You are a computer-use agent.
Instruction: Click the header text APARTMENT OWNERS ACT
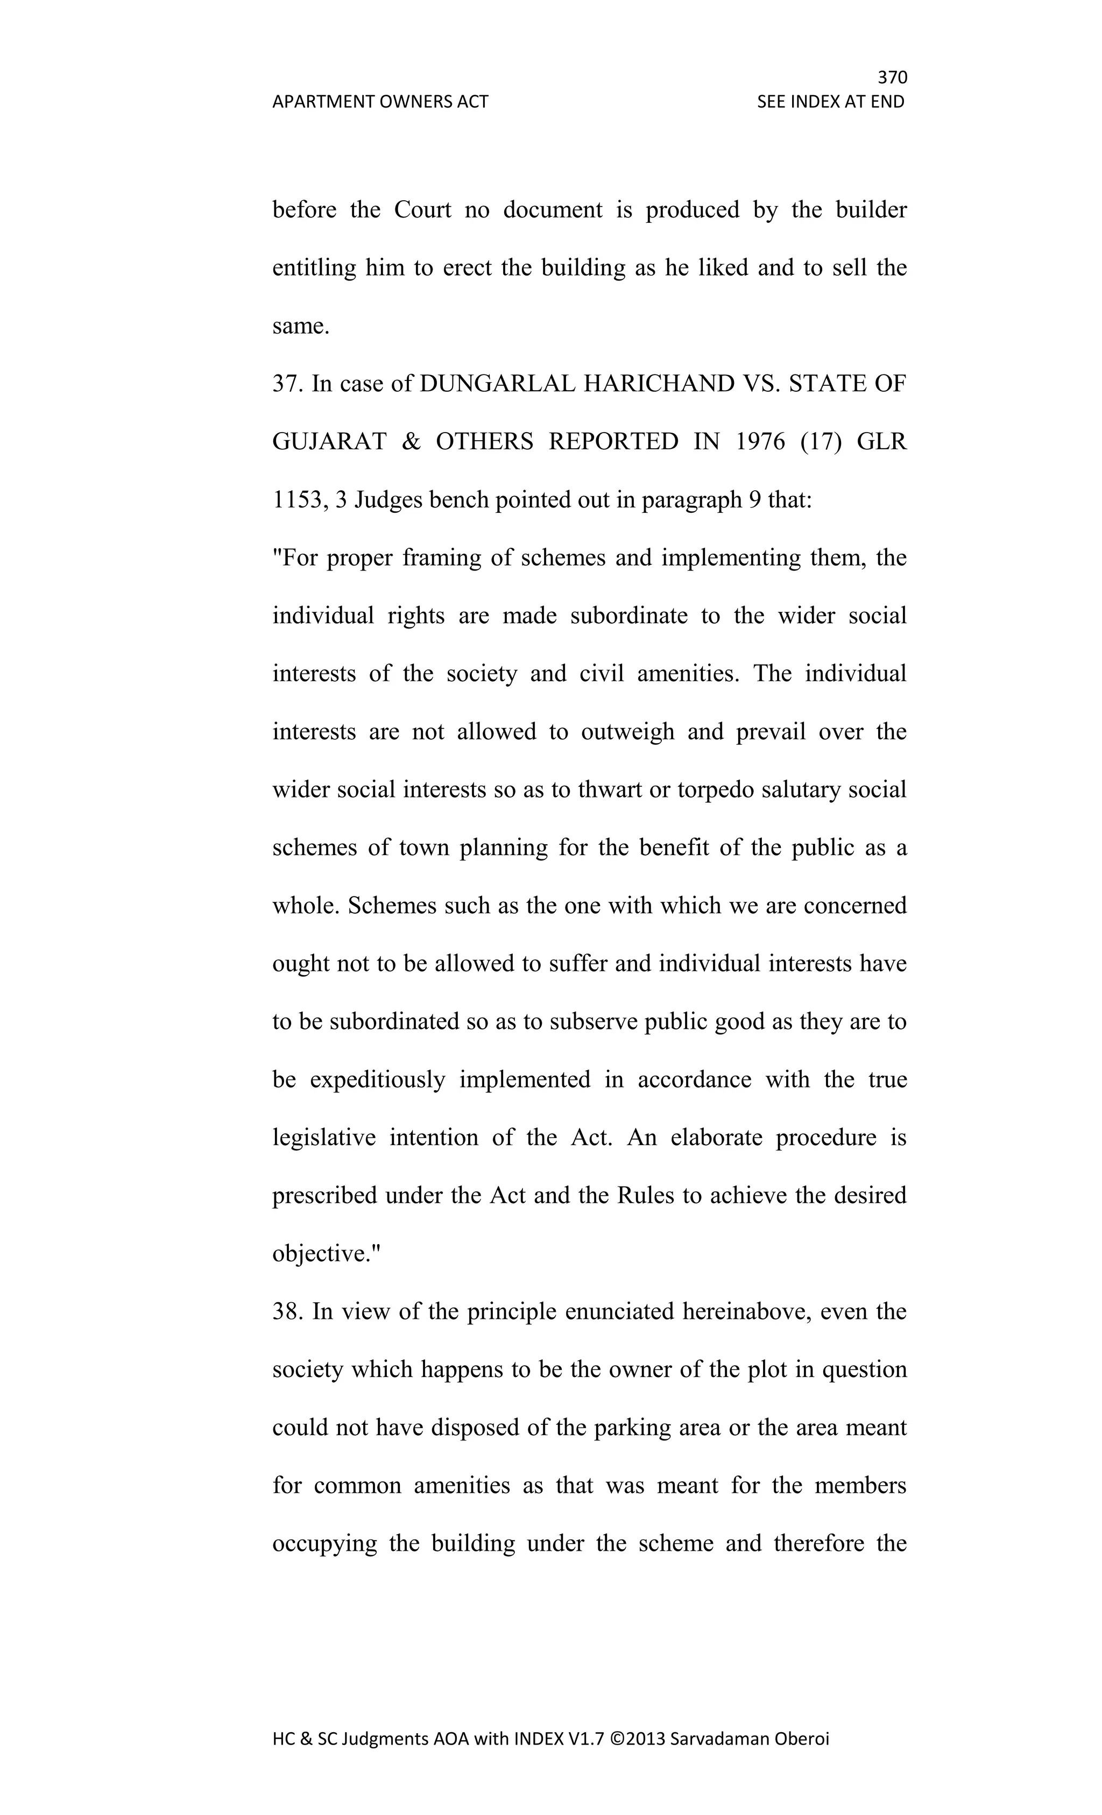click(380, 102)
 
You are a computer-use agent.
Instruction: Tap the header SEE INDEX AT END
click(830, 102)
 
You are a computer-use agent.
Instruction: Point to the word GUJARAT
click(329, 442)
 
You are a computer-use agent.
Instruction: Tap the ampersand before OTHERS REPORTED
click(411, 442)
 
